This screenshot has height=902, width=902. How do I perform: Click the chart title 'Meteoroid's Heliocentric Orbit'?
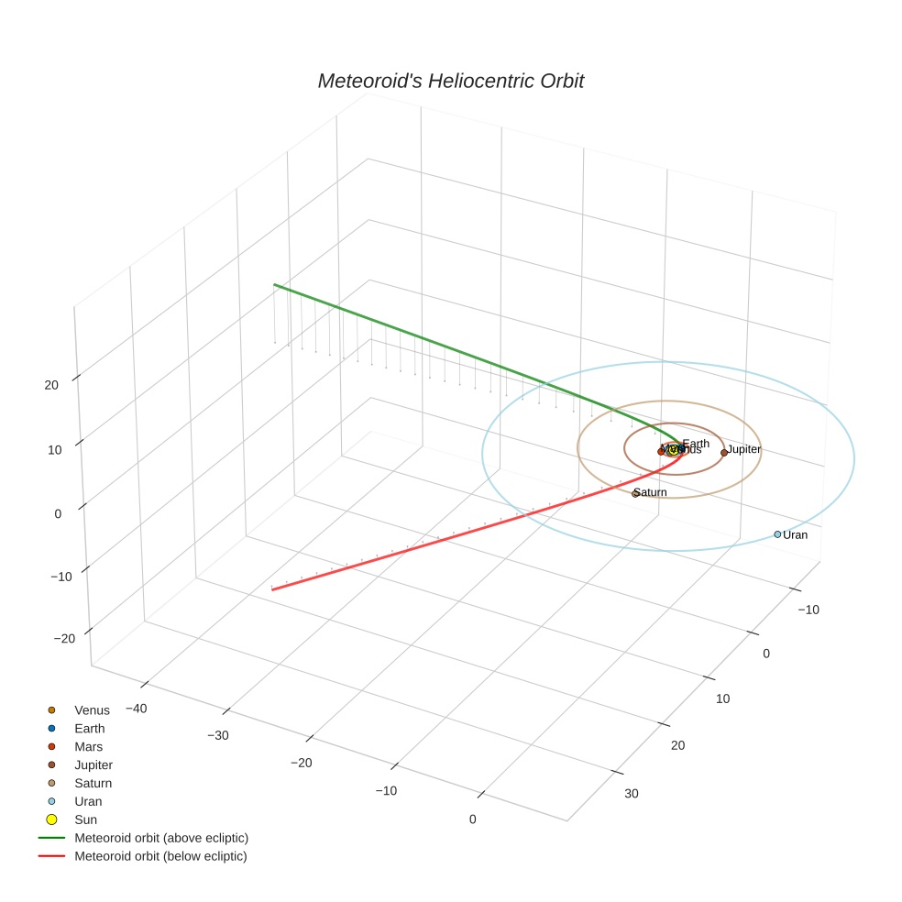click(450, 81)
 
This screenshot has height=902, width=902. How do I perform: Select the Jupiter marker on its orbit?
click(724, 452)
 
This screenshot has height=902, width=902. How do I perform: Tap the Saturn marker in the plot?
click(634, 493)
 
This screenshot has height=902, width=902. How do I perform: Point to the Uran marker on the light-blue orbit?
click(777, 534)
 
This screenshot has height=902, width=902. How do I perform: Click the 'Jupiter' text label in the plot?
click(744, 449)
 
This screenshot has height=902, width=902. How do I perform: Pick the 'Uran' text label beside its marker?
click(796, 534)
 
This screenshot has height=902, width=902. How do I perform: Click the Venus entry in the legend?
click(92, 709)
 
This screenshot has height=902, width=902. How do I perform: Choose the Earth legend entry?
click(90, 728)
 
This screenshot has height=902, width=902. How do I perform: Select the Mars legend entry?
click(88, 746)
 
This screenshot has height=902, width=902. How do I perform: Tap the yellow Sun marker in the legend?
click(52, 819)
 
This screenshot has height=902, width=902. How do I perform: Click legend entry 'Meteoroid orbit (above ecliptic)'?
click(161, 838)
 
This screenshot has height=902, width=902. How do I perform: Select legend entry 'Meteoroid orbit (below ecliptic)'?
click(160, 856)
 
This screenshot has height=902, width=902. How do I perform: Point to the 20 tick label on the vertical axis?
click(51, 385)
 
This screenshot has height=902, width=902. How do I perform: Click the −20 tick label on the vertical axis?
click(64, 638)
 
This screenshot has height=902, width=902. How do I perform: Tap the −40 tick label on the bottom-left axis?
click(136, 708)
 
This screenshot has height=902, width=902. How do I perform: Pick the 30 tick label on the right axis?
click(632, 793)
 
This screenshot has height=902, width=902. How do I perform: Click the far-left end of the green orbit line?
click(274, 285)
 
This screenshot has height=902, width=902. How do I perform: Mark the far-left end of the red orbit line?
click(272, 589)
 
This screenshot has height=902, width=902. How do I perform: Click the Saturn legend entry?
click(93, 783)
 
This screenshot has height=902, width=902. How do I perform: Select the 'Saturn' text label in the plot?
click(652, 492)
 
